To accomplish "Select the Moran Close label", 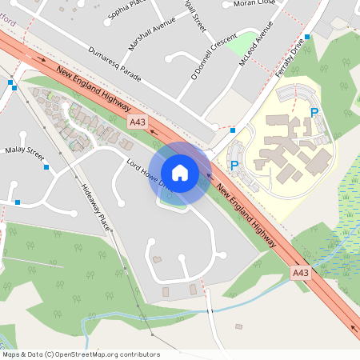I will coord(254,4).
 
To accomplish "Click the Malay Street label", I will coord(24,150).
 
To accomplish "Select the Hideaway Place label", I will coord(94,206).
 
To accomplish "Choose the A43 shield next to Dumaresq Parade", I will coord(138,121).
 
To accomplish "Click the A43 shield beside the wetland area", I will coord(300,273).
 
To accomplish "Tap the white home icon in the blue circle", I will coord(180,173).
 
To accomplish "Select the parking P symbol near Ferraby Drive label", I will coord(314,114).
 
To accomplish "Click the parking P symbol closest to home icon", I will coord(234,166).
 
